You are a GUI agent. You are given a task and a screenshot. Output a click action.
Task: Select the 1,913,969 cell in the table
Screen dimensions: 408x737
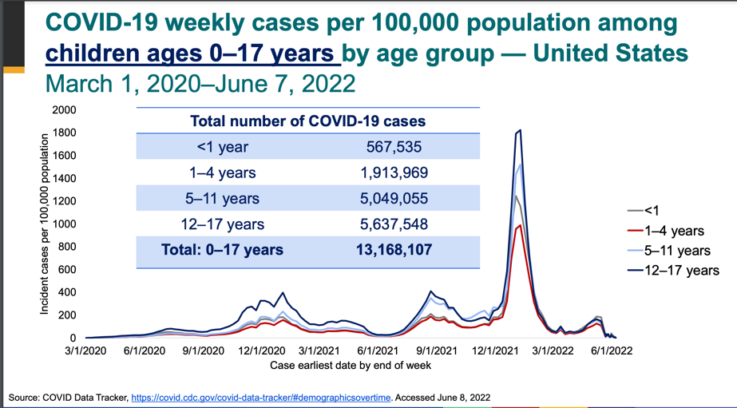click(x=394, y=172)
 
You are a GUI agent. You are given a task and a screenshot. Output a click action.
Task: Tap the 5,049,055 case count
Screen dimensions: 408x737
click(x=394, y=199)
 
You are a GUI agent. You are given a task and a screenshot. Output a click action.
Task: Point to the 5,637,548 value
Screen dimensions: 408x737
click(x=394, y=224)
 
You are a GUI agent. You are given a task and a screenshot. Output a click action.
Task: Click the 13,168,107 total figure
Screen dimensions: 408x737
click(x=394, y=250)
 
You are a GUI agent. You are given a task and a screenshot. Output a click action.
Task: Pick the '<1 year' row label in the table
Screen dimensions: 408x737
click(x=222, y=147)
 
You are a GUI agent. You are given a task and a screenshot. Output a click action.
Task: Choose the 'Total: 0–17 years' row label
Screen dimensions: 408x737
click(x=222, y=250)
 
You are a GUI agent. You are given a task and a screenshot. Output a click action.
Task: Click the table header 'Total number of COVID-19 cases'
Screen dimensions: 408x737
click(x=307, y=121)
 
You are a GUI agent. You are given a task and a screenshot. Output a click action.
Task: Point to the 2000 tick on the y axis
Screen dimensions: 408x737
click(x=64, y=109)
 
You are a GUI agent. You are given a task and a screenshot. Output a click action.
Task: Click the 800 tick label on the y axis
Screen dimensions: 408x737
click(x=67, y=247)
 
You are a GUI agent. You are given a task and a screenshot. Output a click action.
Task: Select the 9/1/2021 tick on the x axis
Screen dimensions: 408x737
click(x=436, y=351)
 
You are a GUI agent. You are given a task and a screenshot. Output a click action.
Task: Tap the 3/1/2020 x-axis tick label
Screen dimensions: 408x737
click(x=85, y=351)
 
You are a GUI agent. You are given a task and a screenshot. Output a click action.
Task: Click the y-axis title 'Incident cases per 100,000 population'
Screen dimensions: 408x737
click(x=45, y=224)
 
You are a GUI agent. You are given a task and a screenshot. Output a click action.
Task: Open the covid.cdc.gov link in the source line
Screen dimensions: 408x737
click(x=261, y=397)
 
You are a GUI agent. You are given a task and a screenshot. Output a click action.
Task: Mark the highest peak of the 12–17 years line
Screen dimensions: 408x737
click(x=520, y=130)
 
